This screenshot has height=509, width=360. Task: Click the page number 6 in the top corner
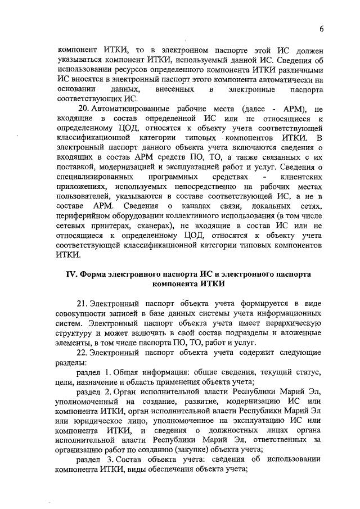pos(321,29)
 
